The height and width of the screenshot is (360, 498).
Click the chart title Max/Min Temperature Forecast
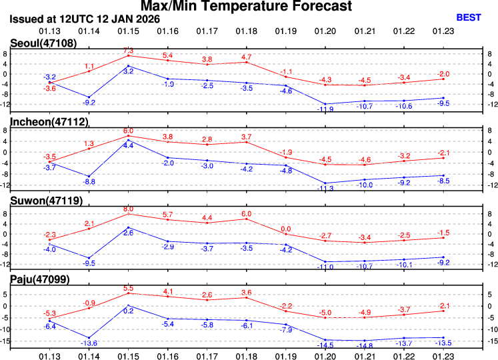(x=249, y=7)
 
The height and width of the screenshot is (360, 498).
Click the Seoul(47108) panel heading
(x=43, y=43)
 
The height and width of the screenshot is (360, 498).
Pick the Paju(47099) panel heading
(x=40, y=279)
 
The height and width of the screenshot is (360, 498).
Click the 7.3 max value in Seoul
(x=129, y=51)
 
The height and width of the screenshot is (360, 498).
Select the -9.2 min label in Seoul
(x=89, y=103)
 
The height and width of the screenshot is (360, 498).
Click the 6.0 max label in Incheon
(x=129, y=131)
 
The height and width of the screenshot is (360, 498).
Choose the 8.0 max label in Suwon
(x=129, y=209)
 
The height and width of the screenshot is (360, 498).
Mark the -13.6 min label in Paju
(x=89, y=343)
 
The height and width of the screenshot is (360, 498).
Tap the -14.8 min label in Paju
(x=364, y=346)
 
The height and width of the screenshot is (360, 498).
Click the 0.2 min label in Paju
(x=129, y=311)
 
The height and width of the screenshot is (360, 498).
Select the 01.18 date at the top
(x=246, y=31)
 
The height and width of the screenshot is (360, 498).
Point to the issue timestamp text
(x=85, y=19)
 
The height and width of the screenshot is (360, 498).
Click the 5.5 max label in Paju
(x=129, y=288)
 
